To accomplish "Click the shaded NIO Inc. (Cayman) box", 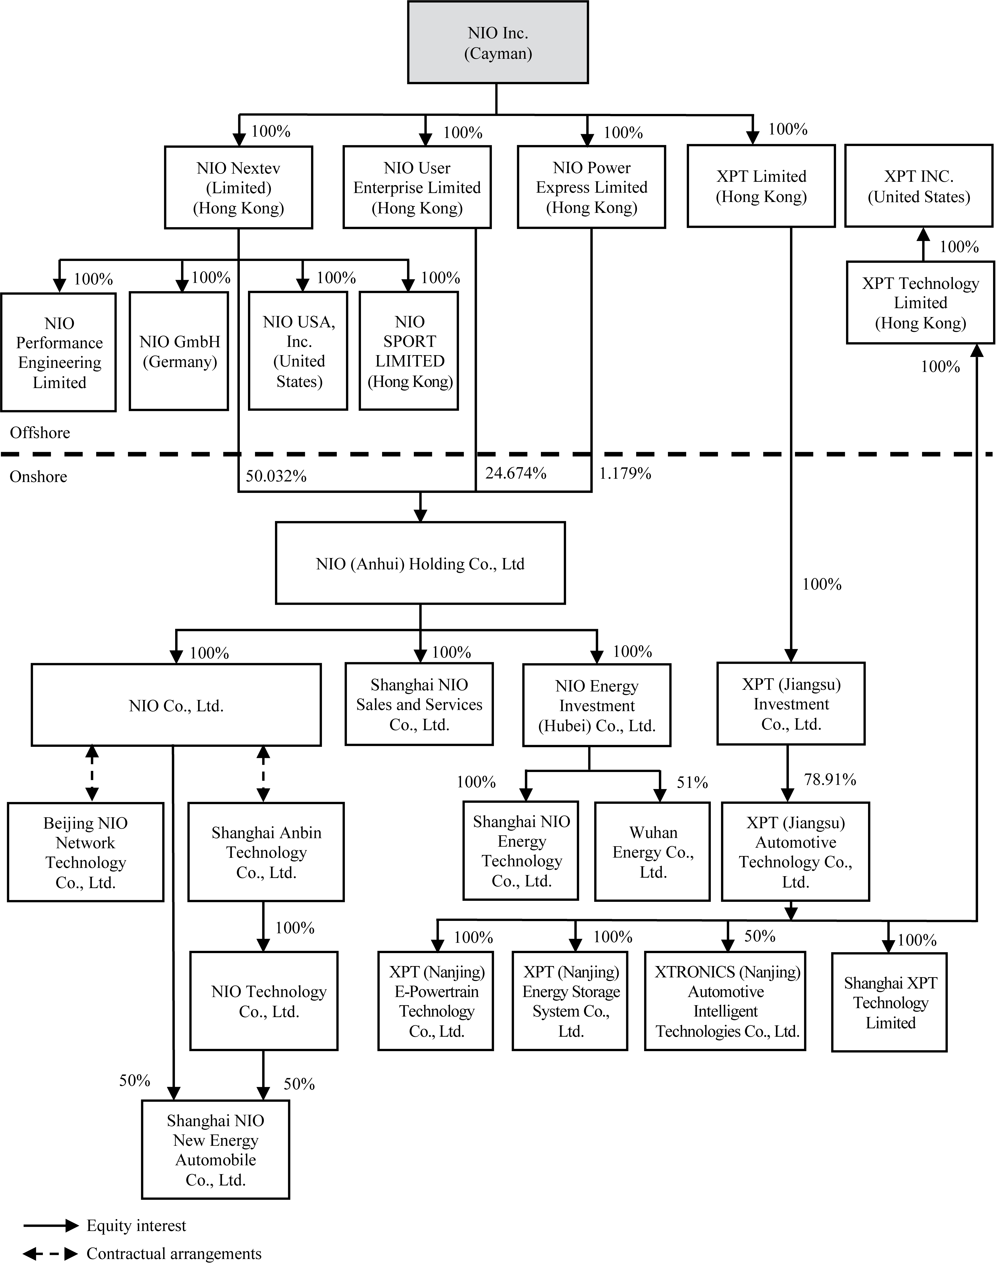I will pyautogui.click(x=497, y=43).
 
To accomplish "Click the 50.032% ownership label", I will pyautogui.click(x=276, y=476).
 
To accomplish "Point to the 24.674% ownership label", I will pyautogui.click(x=515, y=473).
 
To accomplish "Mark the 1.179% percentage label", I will pyautogui.click(x=625, y=473).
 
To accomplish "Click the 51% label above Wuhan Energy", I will pyautogui.click(x=692, y=782).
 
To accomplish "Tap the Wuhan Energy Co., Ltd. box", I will pyautogui.click(x=653, y=852).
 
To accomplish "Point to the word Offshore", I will pyautogui.click(x=40, y=433).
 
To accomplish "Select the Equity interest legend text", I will pyautogui.click(x=136, y=1225).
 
